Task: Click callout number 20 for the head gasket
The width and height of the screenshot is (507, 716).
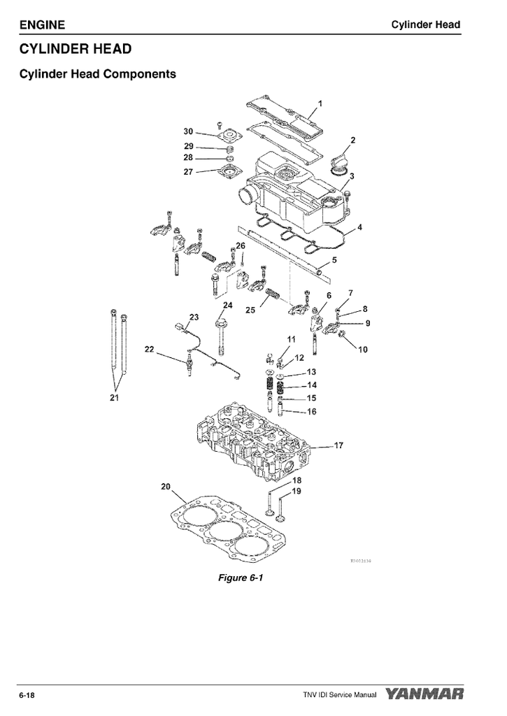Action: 166,487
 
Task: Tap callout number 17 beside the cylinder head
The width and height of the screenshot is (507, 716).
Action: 338,445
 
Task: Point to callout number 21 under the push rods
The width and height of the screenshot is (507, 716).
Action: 114,398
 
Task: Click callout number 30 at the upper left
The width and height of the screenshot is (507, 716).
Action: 188,131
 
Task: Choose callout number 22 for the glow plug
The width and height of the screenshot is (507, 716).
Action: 149,348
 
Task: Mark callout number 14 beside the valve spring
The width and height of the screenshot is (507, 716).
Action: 312,385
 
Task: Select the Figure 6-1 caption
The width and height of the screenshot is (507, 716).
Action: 240,578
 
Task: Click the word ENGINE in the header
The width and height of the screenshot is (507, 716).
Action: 42,25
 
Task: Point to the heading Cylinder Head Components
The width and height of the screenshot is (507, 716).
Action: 97,73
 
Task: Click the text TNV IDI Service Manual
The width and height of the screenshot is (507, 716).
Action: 335,695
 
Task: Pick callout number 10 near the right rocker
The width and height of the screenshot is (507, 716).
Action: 363,350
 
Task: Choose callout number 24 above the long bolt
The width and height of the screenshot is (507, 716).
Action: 228,306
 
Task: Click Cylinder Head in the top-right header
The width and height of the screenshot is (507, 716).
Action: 425,25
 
